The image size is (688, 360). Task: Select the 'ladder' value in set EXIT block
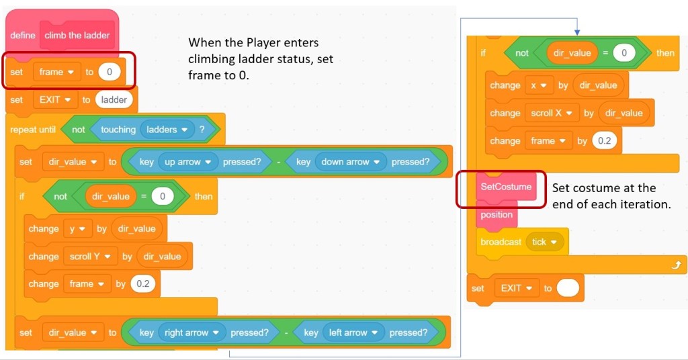click(114, 99)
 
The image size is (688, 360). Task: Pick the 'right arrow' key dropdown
click(192, 332)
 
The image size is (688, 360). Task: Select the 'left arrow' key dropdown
click(353, 332)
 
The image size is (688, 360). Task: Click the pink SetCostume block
click(505, 186)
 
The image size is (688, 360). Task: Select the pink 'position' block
click(497, 215)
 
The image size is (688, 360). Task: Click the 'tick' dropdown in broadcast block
click(544, 242)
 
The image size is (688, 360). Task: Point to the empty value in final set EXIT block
click(568, 288)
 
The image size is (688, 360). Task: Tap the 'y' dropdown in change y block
click(76, 228)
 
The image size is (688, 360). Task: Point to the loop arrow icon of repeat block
click(675, 265)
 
